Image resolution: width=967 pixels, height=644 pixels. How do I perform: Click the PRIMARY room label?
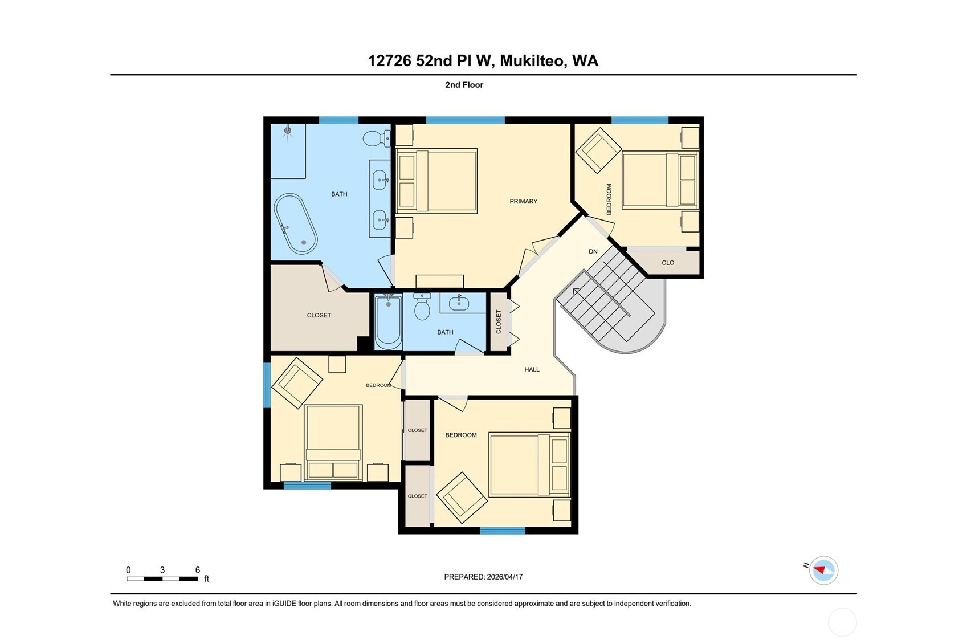click(523, 201)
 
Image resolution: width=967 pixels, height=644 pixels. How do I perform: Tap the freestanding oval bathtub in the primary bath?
click(295, 224)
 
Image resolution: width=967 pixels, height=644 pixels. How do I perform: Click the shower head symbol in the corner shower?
click(288, 131)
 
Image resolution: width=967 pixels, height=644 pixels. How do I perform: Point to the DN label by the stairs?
click(593, 251)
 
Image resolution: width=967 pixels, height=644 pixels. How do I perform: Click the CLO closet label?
click(668, 263)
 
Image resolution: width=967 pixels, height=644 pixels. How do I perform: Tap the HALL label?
click(532, 369)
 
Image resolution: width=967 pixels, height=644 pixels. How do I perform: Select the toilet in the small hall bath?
click(422, 307)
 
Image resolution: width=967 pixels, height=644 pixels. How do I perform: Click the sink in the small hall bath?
click(459, 303)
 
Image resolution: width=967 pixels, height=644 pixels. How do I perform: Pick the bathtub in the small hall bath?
click(388, 322)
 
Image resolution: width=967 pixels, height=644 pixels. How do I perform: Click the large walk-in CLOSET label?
click(319, 315)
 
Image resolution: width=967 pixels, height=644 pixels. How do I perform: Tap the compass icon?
click(823, 570)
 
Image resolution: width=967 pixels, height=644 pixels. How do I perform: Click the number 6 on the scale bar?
click(198, 570)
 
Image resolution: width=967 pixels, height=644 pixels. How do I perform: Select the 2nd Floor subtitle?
click(464, 85)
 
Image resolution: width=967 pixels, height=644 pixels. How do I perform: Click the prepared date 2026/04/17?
click(504, 577)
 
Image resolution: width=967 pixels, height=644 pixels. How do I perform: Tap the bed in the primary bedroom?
click(436, 181)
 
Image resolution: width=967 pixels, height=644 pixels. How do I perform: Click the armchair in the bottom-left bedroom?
click(297, 382)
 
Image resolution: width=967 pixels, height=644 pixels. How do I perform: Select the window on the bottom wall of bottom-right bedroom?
click(502, 531)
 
